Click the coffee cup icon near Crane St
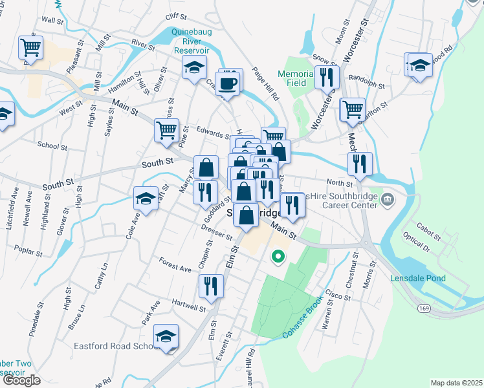(229, 84)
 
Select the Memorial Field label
(296, 78)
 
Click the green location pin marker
(278, 257)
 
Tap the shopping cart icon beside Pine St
(166, 131)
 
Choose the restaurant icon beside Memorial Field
(327, 78)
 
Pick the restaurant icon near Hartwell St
(211, 286)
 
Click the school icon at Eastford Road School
(166, 337)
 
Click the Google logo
(21, 380)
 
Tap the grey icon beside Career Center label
(388, 198)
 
